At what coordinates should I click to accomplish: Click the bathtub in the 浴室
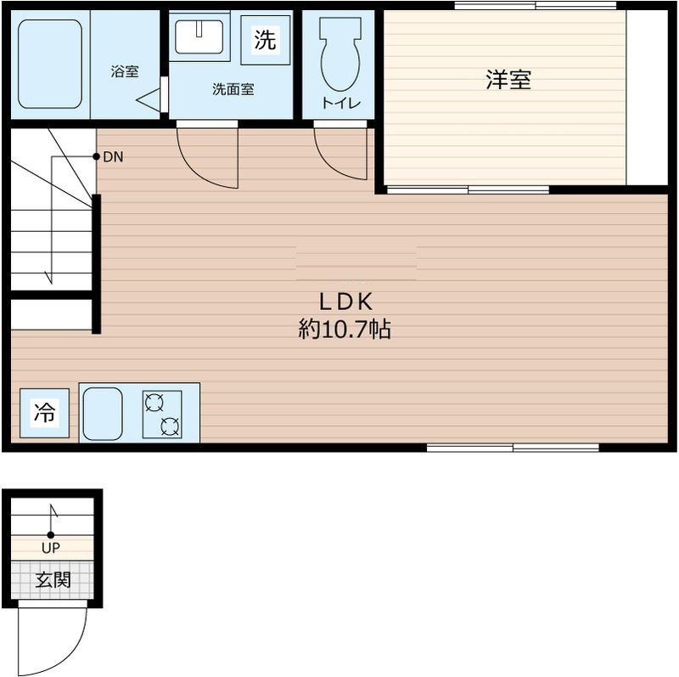click(x=50, y=64)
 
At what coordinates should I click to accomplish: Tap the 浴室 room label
click(x=125, y=71)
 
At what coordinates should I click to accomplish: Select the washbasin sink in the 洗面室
click(x=199, y=37)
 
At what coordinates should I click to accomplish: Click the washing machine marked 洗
click(x=265, y=40)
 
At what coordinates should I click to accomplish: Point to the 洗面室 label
click(x=233, y=89)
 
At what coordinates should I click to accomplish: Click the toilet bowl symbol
click(x=340, y=54)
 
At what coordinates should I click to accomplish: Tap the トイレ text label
click(x=341, y=103)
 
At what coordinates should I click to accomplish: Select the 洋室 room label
click(x=508, y=79)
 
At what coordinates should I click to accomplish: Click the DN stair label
click(x=113, y=157)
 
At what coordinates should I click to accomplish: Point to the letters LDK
click(x=345, y=302)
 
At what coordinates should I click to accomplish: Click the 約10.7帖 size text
click(x=345, y=329)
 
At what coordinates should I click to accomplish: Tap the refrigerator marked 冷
click(x=45, y=413)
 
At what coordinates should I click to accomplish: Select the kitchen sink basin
click(x=103, y=414)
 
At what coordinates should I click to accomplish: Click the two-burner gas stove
click(x=162, y=415)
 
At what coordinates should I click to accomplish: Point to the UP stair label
click(x=51, y=548)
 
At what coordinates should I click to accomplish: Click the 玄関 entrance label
click(x=53, y=580)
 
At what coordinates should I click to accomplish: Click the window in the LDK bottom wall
click(x=513, y=448)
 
